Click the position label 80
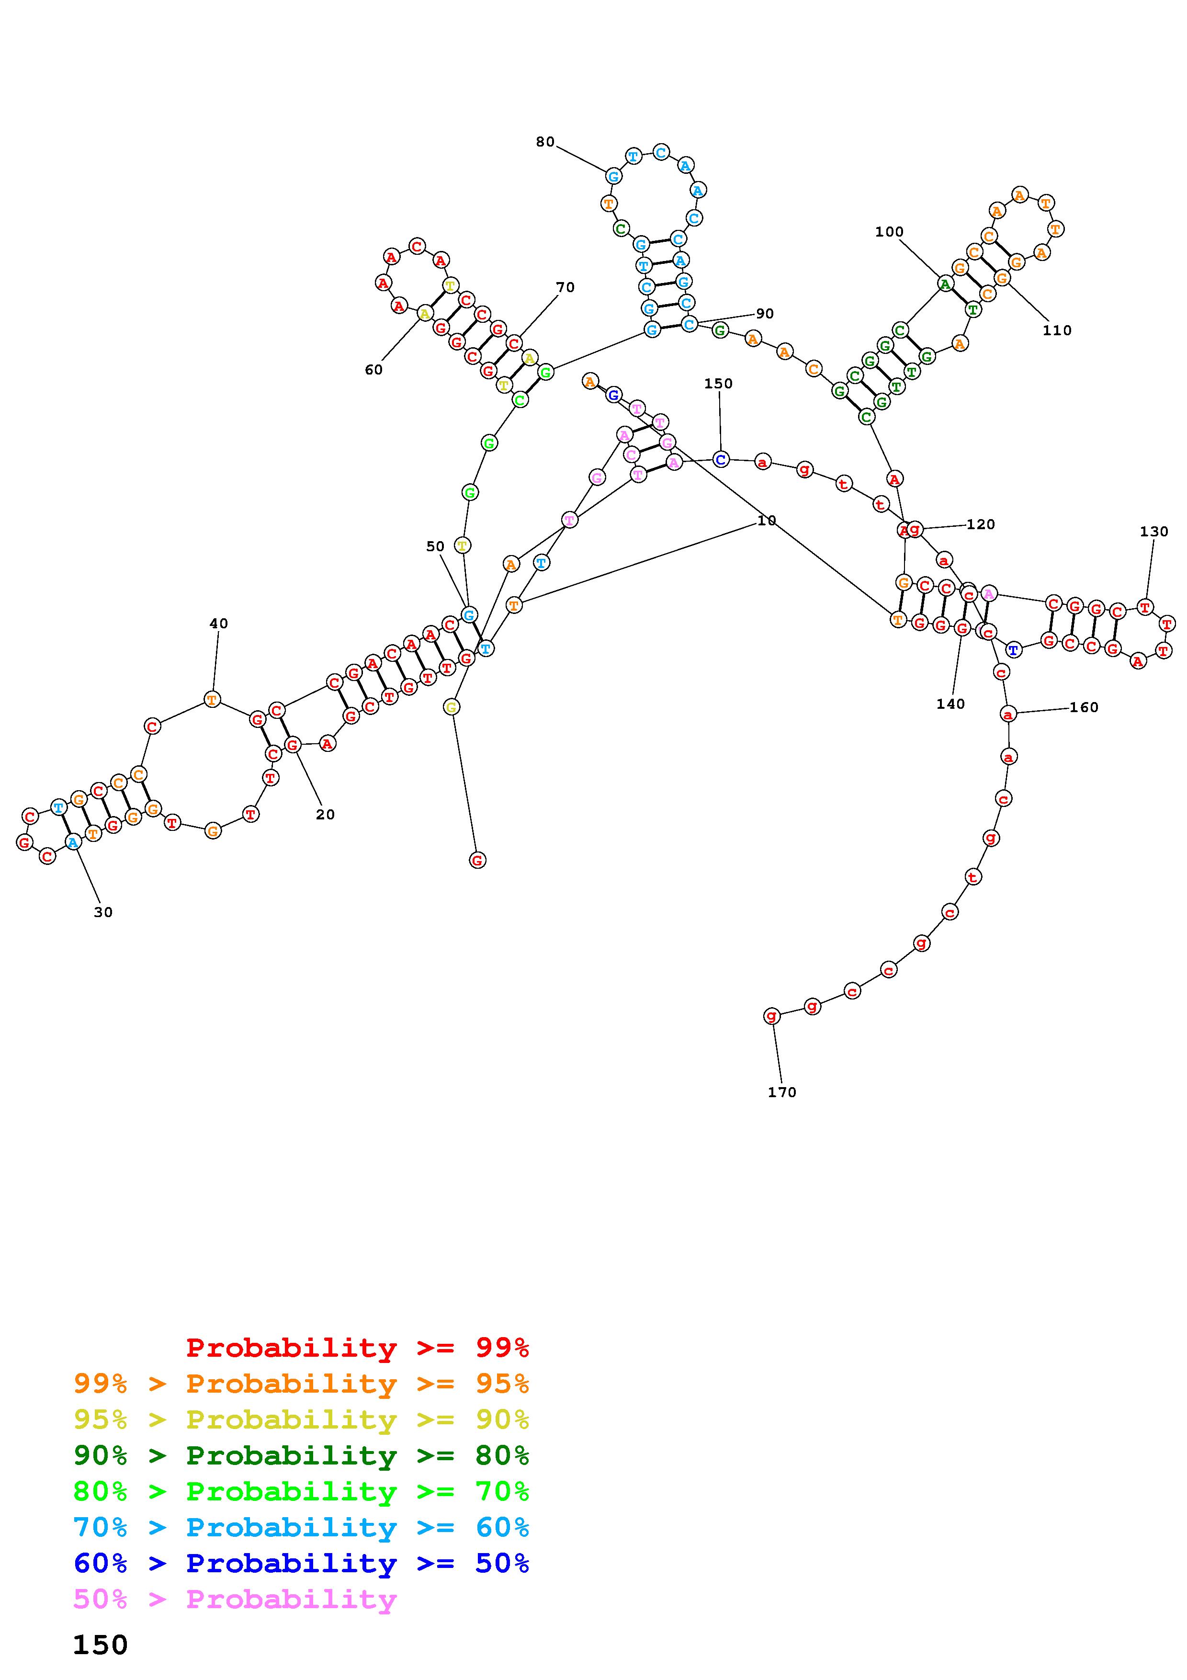545,142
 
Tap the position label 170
782,1092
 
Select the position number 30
103,912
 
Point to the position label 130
1154,532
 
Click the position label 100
889,232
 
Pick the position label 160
1084,707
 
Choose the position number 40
219,624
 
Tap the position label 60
374,370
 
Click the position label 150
718,384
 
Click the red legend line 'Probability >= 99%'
358,1348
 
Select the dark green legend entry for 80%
301,1455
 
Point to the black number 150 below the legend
100,1646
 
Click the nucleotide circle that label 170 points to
771,1016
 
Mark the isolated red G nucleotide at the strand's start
477,861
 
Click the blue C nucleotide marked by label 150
721,460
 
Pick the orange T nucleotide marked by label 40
212,700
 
